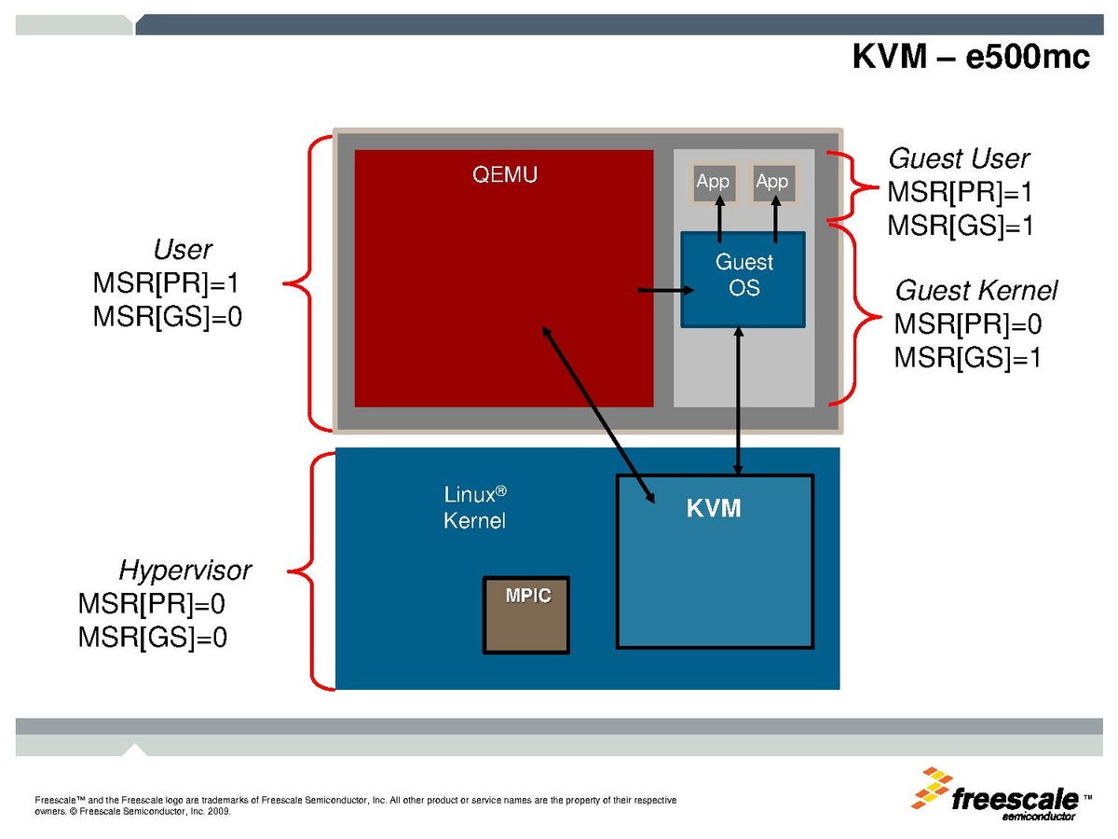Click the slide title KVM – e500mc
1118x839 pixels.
(970, 56)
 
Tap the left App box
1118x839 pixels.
(713, 182)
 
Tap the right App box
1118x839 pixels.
(771, 182)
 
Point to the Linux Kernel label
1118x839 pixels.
(474, 508)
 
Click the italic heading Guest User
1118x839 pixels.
(959, 158)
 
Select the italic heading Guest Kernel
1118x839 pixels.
(975, 291)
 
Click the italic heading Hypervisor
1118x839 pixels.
(184, 571)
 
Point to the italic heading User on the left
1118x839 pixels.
(183, 250)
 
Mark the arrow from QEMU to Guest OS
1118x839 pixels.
(660, 291)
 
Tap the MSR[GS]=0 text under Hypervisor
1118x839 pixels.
(152, 638)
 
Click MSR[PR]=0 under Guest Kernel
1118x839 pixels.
(967, 324)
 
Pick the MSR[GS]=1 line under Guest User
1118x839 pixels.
(960, 225)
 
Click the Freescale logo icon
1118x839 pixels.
(931, 789)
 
